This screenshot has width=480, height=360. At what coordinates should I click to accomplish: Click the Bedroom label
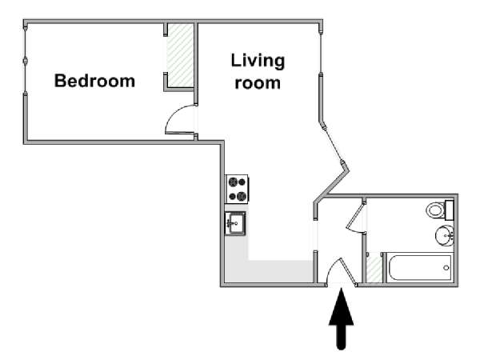click(x=94, y=81)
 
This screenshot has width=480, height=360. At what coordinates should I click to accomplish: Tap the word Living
click(x=258, y=61)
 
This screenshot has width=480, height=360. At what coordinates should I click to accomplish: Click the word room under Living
click(x=258, y=83)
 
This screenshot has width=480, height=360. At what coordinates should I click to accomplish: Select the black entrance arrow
click(x=341, y=318)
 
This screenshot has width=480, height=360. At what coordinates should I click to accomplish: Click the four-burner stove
click(x=237, y=189)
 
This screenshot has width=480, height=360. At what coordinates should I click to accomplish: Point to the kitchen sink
click(x=235, y=223)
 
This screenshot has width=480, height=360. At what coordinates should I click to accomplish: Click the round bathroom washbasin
click(x=445, y=235)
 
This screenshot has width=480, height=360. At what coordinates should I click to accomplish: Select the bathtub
click(x=418, y=268)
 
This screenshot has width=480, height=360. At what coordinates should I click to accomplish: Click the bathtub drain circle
click(x=446, y=268)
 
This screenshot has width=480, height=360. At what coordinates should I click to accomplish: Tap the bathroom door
click(x=355, y=217)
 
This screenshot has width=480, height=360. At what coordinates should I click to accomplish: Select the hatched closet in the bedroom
click(x=180, y=55)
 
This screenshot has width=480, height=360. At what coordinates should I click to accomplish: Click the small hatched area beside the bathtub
click(x=374, y=267)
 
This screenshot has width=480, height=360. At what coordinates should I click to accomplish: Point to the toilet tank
click(x=449, y=210)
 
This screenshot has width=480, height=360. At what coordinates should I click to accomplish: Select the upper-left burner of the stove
click(x=233, y=182)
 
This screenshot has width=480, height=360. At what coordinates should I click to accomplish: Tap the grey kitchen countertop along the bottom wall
click(x=270, y=271)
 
